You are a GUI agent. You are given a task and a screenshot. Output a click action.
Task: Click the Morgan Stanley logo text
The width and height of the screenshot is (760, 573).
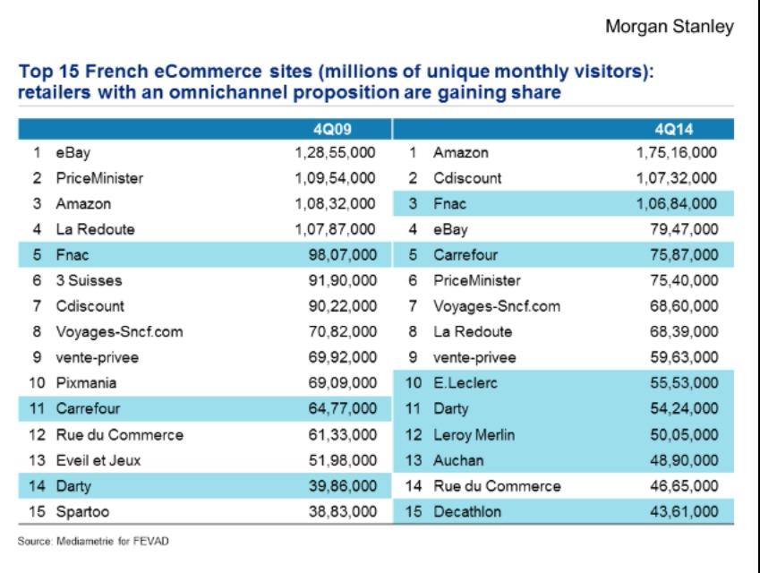coord(670,27)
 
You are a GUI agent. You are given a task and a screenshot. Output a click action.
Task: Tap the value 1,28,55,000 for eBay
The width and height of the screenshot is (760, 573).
coord(335,153)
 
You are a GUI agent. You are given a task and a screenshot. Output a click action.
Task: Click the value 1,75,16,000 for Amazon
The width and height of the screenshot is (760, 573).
coord(676,153)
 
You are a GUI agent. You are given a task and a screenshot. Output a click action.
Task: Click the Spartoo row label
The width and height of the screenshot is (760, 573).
coord(81,512)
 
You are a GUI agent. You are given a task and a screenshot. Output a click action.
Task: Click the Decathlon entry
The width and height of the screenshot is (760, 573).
coord(468,512)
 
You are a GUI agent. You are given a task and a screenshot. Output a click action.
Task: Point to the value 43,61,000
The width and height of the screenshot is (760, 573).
coord(684,512)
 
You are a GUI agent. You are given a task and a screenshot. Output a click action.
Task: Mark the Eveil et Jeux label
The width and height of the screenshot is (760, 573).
coord(98,461)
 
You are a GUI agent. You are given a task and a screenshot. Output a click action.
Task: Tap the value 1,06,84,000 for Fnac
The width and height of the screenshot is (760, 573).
coord(676,204)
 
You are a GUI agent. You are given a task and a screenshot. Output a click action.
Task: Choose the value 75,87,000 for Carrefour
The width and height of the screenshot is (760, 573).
coord(684,255)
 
